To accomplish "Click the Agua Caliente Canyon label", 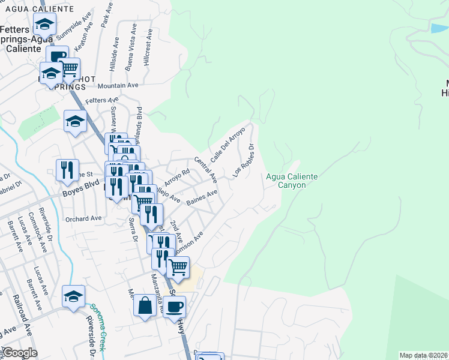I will point(291,181).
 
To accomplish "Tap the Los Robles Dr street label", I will point(244,160).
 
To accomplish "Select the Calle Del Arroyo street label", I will point(228,142).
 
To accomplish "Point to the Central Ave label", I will point(206,170).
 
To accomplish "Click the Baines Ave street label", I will point(202,197).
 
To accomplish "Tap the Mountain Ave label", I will point(121,86).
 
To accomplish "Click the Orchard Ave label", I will point(83,218).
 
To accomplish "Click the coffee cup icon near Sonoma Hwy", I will point(174,306).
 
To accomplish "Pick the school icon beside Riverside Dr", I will point(73,297).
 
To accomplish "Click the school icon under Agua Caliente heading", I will point(44,25).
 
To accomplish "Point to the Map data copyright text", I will point(423,355).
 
